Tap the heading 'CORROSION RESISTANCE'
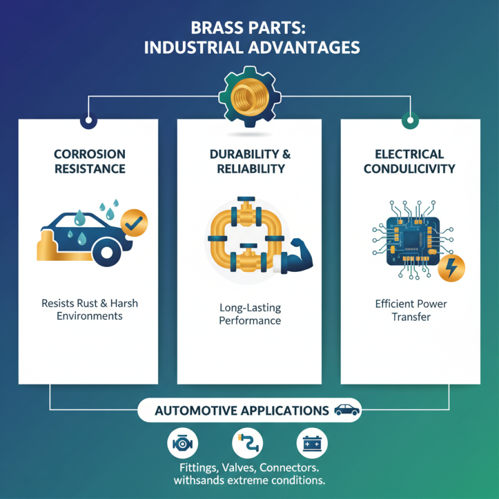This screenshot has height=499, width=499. (89, 161)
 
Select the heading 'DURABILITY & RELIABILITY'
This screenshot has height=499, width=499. (249, 161)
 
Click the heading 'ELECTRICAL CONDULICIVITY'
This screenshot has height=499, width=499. (410, 161)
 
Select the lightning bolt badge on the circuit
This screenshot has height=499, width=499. (451, 266)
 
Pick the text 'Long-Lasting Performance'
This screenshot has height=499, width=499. (249, 314)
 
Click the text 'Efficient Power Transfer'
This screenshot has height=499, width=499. (410, 310)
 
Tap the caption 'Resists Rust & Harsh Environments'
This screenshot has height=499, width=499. (89, 309)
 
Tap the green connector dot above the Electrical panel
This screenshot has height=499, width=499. (410, 119)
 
